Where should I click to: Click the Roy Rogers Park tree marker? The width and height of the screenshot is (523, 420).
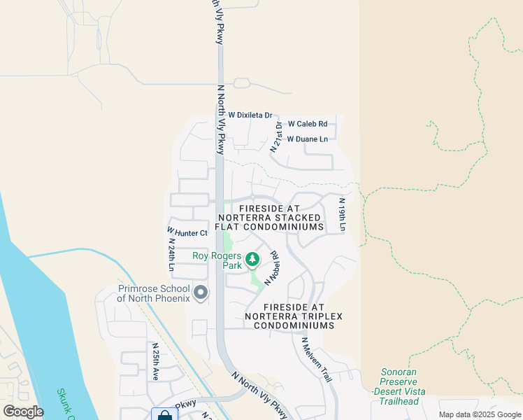(252, 260)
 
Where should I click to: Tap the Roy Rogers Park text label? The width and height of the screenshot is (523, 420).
(217, 260)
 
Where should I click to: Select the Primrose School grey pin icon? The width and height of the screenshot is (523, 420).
(201, 293)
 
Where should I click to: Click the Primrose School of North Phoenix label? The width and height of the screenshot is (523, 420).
(153, 293)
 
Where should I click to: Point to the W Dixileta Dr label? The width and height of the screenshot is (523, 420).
(244, 115)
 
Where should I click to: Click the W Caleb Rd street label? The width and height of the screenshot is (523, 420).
(308, 124)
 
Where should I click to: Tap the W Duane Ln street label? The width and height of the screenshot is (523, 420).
(307, 139)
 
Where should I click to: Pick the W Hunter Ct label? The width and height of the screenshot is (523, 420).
(187, 232)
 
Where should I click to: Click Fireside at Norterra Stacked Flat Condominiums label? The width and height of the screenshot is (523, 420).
(269, 218)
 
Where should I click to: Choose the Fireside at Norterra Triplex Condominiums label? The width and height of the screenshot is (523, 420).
(294, 316)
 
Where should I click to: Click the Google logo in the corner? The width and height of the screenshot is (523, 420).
(23, 412)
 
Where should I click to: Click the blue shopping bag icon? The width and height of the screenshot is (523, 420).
(164, 415)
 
